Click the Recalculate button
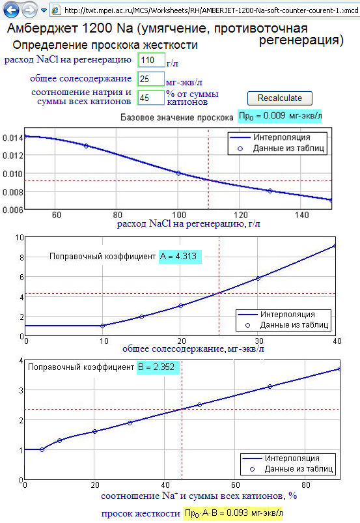click(280, 98)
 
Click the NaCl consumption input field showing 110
click(151, 60)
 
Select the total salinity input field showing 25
click(151, 79)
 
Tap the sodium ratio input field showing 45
click(151, 98)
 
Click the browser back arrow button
click(11, 10)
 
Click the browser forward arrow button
click(29, 10)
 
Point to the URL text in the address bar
click(212, 10)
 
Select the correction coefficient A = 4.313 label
click(180, 257)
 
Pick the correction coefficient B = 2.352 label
click(158, 367)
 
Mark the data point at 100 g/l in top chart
click(178, 173)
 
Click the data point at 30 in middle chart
click(258, 278)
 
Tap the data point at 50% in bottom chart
click(199, 404)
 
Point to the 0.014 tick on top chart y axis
click(12, 138)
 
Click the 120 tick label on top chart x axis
click(240, 215)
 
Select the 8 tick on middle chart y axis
click(21, 257)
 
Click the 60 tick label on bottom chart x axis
click(235, 485)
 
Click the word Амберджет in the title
click(43, 29)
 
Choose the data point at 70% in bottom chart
click(270, 387)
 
